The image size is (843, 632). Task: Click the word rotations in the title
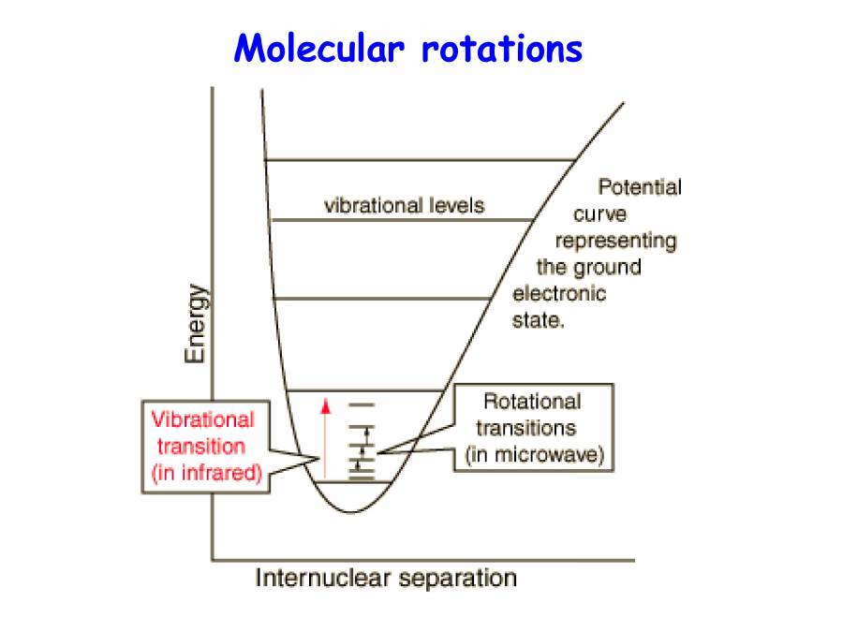501,48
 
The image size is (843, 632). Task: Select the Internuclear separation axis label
385,578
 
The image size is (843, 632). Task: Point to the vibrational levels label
404,205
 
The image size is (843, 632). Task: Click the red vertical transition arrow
326,440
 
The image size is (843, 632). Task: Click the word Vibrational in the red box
203,420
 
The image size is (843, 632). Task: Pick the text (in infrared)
205,473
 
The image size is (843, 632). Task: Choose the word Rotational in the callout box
531,403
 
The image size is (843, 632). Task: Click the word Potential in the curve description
640,187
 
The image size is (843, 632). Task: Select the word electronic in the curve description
559,294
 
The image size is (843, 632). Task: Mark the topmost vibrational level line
420,160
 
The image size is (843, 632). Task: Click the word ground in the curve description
607,268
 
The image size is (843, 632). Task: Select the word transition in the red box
201,447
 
